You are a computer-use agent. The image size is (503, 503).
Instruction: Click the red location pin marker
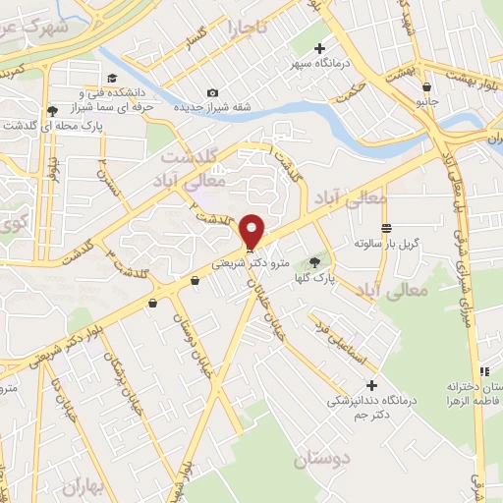click(253, 232)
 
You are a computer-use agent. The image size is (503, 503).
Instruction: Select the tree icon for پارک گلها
click(314, 261)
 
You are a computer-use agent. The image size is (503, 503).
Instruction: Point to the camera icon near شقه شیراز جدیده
click(212, 93)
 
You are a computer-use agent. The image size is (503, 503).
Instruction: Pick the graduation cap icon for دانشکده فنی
click(111, 78)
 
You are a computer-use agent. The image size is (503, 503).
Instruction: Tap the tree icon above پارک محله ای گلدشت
click(51, 110)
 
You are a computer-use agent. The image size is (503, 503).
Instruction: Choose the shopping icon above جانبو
click(424, 86)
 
